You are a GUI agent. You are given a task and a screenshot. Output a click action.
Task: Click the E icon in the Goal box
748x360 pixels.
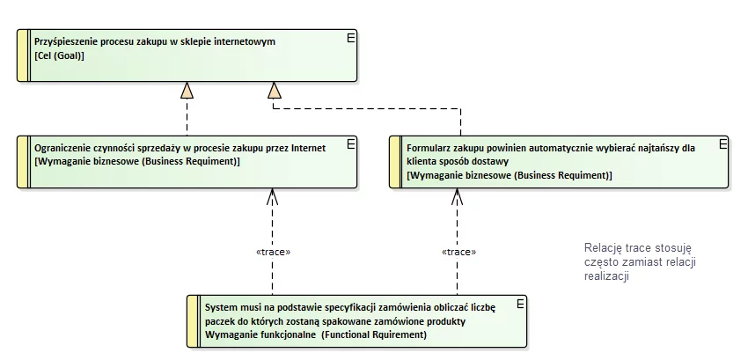(x=351, y=38)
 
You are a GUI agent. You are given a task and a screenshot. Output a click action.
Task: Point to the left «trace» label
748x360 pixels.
(x=273, y=252)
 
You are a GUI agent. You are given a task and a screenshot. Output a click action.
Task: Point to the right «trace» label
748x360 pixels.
(x=457, y=252)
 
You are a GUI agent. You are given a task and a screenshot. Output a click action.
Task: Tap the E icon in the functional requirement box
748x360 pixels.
(x=520, y=304)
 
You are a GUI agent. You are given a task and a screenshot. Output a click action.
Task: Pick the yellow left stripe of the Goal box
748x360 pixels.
(x=24, y=55)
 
